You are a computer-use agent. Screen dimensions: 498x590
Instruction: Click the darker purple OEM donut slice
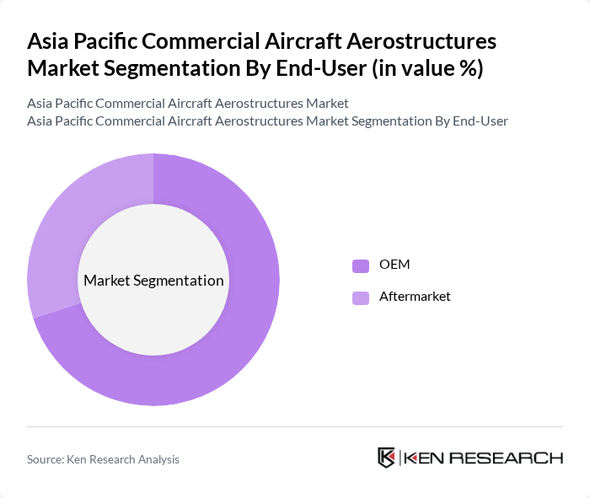pos(228,354)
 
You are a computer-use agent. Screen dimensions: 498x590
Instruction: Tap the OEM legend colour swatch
pos(361,265)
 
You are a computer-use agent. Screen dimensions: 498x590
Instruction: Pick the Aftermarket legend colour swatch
pos(361,297)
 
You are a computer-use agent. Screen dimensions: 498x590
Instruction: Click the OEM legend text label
pos(394,265)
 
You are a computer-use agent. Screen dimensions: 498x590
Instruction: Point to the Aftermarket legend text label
pos(415,297)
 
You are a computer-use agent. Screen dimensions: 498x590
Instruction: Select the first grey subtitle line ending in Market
pos(187,104)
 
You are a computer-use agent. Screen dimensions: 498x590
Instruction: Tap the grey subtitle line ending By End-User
pos(267,120)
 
